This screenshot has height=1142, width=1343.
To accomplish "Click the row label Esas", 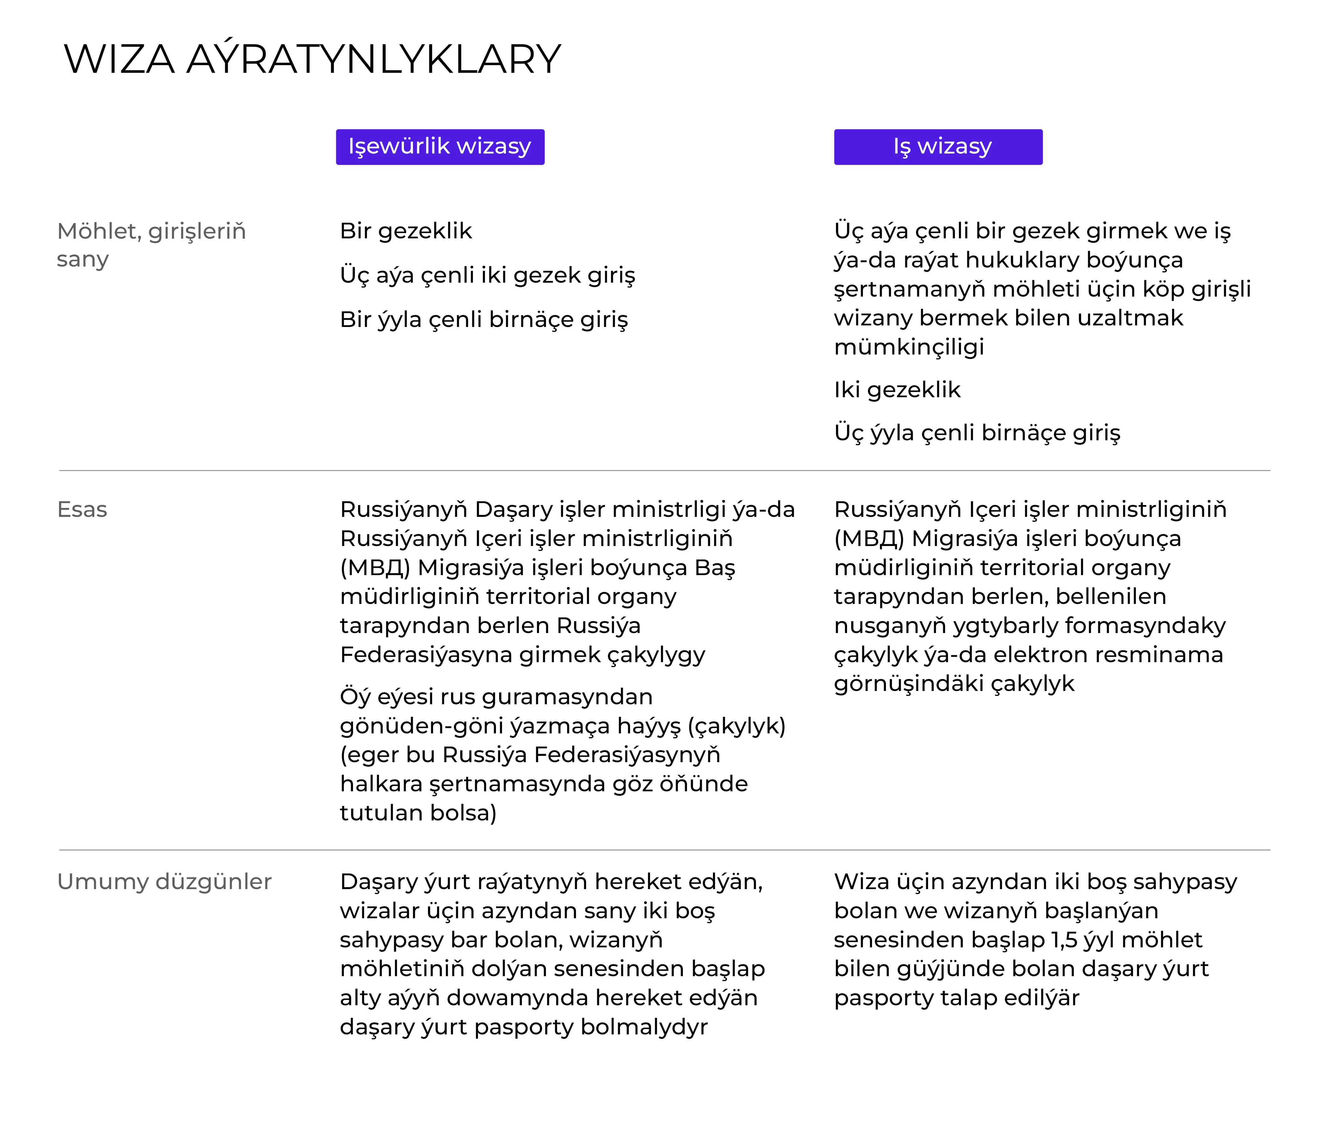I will pos(82,510).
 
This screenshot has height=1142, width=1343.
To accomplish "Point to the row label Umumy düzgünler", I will pos(164,882).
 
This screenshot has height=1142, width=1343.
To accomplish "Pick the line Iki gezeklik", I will pos(897,390).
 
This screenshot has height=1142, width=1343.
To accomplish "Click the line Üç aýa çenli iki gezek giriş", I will pos(487,275).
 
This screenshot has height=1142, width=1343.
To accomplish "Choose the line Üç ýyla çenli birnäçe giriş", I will pos(977,432).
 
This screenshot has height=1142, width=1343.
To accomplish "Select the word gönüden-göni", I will pos(420,726).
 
